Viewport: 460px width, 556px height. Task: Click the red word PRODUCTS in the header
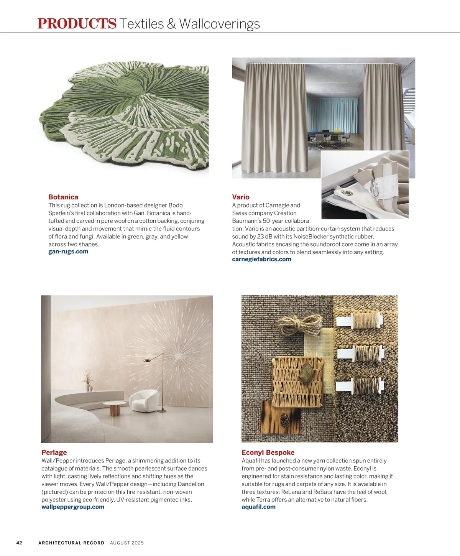[x=77, y=23]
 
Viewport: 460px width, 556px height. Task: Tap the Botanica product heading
[x=63, y=197]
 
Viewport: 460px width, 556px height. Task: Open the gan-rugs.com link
[x=68, y=252]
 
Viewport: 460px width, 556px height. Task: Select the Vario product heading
[x=241, y=197]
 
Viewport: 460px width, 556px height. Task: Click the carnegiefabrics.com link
[x=261, y=259]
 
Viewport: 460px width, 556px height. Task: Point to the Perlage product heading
[x=54, y=452]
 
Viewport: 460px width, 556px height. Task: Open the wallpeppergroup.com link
[x=73, y=507]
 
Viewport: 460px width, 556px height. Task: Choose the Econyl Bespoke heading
[x=268, y=452]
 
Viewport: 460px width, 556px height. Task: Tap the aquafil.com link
[x=258, y=507]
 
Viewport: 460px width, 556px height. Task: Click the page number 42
[x=19, y=543]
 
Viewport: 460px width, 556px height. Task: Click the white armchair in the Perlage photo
[x=144, y=401]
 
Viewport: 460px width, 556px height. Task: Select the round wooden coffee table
[x=115, y=408]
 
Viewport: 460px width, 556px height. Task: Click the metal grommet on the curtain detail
[x=349, y=192]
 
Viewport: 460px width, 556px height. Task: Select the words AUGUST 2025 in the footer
[x=127, y=543]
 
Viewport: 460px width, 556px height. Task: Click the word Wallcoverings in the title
[x=219, y=23]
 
